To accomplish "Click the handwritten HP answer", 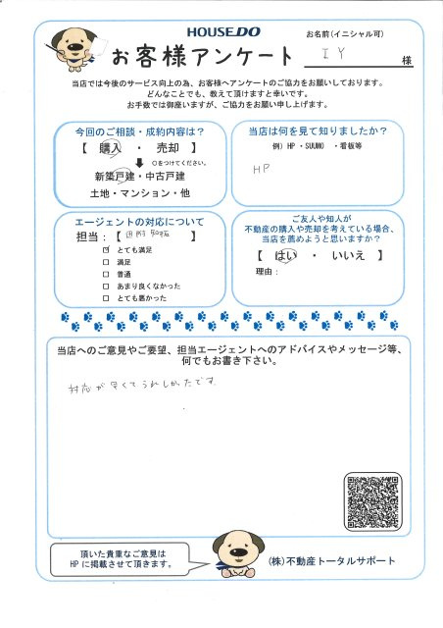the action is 261,169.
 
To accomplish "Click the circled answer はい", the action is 285,257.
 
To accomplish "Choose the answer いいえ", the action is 348,257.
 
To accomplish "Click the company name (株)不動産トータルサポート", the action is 331,561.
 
